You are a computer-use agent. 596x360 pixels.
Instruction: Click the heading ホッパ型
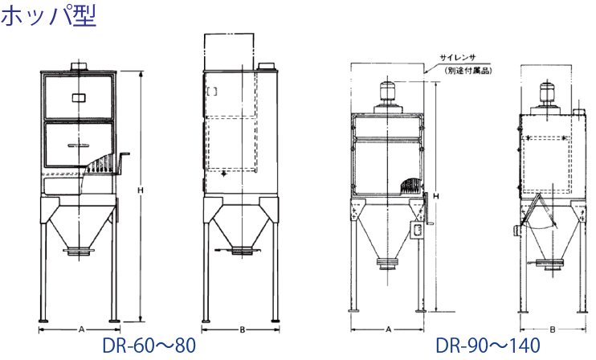pos(48,16)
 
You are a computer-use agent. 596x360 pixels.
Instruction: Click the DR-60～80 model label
pos(149,346)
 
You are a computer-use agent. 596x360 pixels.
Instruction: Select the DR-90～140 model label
pos(488,346)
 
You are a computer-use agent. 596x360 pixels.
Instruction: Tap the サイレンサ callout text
pos(458,58)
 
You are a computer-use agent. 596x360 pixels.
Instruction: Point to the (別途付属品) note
pos(468,71)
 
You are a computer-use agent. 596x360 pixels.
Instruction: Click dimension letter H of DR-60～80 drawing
pos(141,190)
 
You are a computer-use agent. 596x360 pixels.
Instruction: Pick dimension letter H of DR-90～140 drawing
pos(436,196)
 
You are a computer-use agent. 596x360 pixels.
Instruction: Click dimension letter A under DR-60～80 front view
pos(81,329)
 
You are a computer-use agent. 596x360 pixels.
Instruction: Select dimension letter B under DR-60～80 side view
pos(242,329)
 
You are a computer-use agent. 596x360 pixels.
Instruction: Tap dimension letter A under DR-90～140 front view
pos(388,329)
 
